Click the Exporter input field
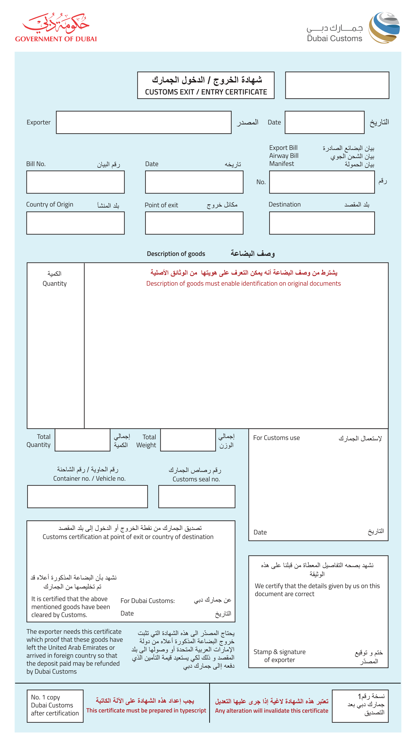pyautogui.click(x=143, y=122)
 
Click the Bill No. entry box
pyautogui.click(x=75, y=182)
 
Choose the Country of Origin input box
pyautogui.click(x=75, y=223)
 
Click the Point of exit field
pyautogui.click(x=194, y=223)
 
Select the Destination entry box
pyautogui.click(x=322, y=223)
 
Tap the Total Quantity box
pyautogui.click(x=82, y=440)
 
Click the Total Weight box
pyautogui.click(x=188, y=440)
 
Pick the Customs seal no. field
pyautogui.click(x=196, y=496)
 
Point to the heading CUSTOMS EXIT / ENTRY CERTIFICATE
pyautogui.click(x=206, y=92)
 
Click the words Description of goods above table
pyautogui.click(x=176, y=254)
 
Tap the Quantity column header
pyautogui.click(x=55, y=283)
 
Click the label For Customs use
pyautogui.click(x=276, y=438)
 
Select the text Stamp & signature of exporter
pyautogui.click(x=279, y=656)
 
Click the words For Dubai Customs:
pyautogui.click(x=148, y=601)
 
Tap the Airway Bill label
pyautogui.click(x=283, y=156)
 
